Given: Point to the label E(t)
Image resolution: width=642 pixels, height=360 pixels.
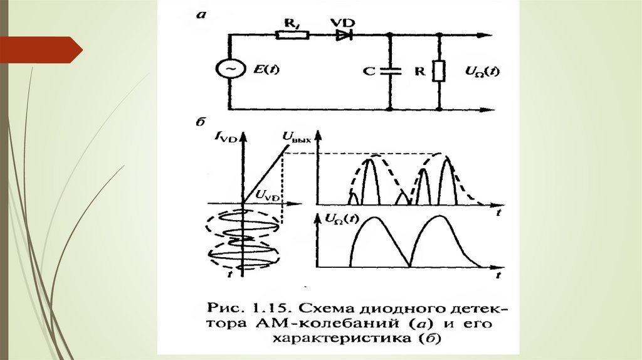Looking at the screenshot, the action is pyautogui.click(x=266, y=70).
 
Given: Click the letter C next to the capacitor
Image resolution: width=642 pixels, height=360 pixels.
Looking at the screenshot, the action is pyautogui.click(x=369, y=71).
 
